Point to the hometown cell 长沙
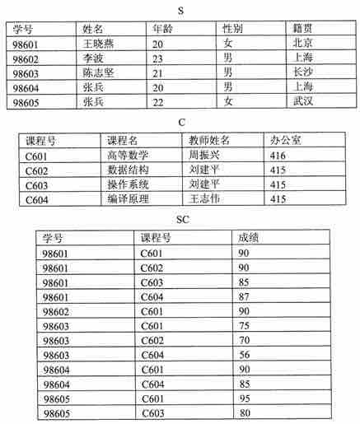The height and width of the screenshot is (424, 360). (x=302, y=72)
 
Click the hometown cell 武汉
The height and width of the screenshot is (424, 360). (x=302, y=102)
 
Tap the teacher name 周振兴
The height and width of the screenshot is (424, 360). (x=203, y=154)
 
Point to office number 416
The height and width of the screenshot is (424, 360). (x=278, y=154)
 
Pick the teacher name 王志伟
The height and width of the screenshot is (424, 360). (x=203, y=198)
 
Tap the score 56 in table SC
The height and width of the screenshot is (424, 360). (x=245, y=356)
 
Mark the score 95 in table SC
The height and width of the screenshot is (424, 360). (x=245, y=400)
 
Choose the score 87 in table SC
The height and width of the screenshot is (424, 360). (x=245, y=296)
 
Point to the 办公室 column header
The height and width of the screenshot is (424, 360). (x=285, y=139)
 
